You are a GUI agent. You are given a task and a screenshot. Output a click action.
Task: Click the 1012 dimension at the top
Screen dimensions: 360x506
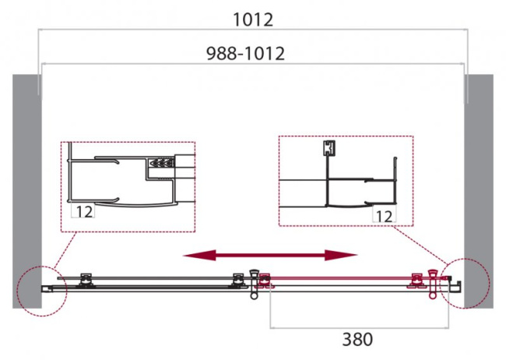click(252, 19)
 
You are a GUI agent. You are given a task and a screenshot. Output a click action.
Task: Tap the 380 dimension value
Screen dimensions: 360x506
click(357, 339)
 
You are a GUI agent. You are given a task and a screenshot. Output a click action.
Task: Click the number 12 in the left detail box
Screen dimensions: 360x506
click(84, 211)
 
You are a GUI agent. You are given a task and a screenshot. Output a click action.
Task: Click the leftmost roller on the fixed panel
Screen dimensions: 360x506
click(87, 279)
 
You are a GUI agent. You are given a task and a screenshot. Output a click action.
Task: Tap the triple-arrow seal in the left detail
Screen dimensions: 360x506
click(159, 164)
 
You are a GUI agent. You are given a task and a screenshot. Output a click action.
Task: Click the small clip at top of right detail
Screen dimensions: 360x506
click(328, 148)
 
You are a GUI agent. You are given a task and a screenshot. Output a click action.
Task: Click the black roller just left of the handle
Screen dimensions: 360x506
click(237, 279)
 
